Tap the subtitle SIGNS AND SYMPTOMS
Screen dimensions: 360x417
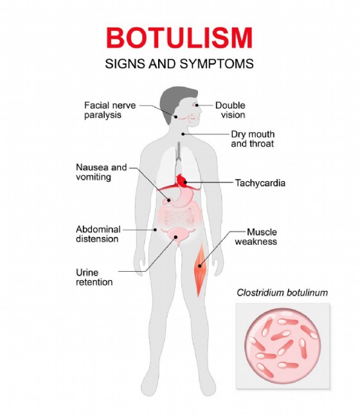(x=179, y=64)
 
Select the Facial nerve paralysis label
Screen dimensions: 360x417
(x=110, y=110)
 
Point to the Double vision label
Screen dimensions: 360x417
(x=230, y=110)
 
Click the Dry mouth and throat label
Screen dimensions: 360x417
(x=253, y=139)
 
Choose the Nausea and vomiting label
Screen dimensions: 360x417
(x=102, y=172)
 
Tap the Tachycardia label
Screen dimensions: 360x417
(x=260, y=183)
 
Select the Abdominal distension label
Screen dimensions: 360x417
(x=98, y=234)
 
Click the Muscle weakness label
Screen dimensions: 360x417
(x=256, y=236)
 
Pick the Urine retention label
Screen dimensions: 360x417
(x=94, y=277)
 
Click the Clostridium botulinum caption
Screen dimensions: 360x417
(x=282, y=293)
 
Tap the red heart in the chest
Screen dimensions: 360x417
(x=181, y=181)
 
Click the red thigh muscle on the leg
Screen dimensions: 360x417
(x=200, y=269)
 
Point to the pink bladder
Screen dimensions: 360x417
(x=176, y=235)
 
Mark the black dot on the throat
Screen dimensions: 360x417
(x=183, y=134)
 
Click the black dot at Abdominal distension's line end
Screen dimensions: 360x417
(x=156, y=229)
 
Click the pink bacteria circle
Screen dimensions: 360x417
(x=283, y=346)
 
